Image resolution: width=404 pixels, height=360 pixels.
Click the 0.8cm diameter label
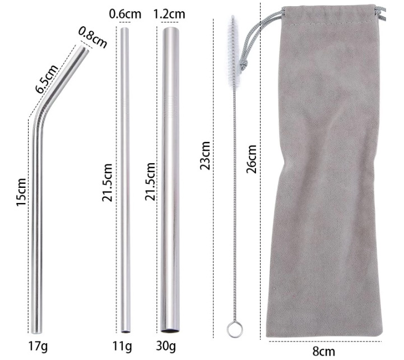pyautogui.click(x=93, y=37)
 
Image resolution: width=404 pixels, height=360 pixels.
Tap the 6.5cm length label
pyautogui.click(x=47, y=79)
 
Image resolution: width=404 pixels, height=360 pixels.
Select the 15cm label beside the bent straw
pyautogui.click(x=21, y=192)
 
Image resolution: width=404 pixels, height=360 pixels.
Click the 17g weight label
pyautogui.click(x=38, y=347)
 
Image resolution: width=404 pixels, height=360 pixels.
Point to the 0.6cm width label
pyautogui.click(x=125, y=14)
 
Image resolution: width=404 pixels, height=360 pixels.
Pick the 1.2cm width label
pyautogui.click(x=169, y=14)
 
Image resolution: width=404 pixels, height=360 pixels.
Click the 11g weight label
pyautogui.click(x=122, y=347)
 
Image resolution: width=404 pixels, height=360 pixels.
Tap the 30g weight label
pyautogui.click(x=166, y=347)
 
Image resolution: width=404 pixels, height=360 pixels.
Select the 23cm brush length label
pyautogui.click(x=205, y=155)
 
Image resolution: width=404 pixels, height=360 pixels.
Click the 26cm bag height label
pyautogui.click(x=252, y=159)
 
